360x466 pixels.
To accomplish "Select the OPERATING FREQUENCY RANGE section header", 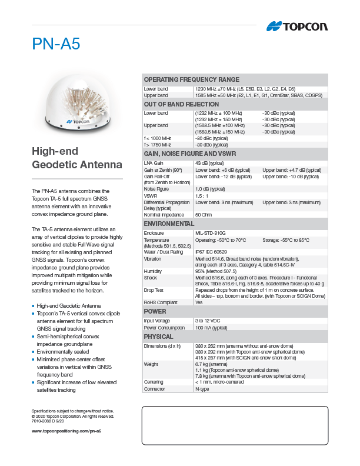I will (x=192, y=79).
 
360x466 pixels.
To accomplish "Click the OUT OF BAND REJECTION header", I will (x=181, y=104).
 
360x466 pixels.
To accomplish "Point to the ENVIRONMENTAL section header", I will (x=169, y=224).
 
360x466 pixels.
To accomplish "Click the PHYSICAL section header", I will (x=159, y=337).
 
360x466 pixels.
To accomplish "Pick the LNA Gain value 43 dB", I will (x=209, y=163).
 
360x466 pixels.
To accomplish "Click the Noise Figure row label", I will (x=156, y=189).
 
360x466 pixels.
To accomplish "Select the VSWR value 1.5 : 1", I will (x=202, y=196).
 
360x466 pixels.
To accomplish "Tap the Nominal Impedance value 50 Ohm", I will (x=203, y=215).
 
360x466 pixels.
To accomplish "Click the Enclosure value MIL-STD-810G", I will (x=210, y=234).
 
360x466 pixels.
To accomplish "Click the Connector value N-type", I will (x=202, y=389).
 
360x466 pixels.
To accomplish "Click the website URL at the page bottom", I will (x=66, y=431).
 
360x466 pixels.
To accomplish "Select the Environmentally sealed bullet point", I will (x=65, y=351).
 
